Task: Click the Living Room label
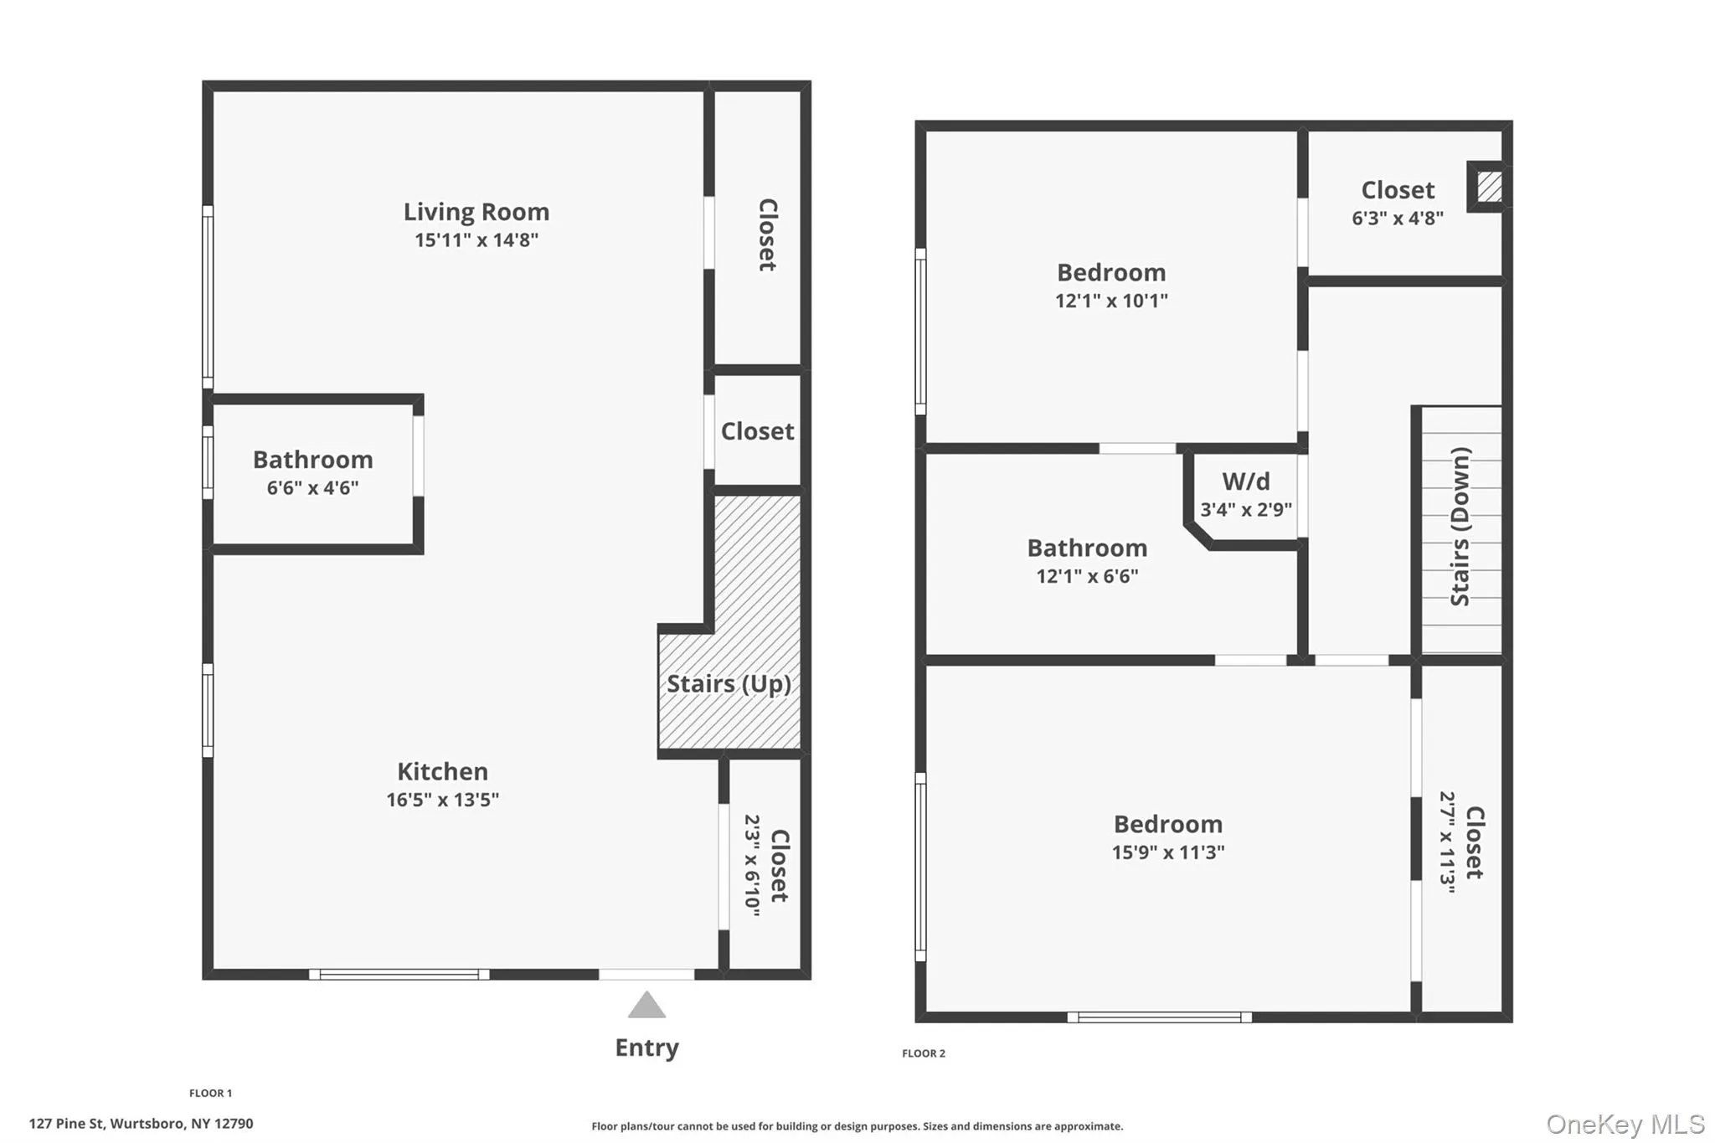[x=476, y=212]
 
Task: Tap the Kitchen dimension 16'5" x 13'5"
[x=442, y=800]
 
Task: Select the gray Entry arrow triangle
[x=646, y=1006]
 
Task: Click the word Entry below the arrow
[x=646, y=1048]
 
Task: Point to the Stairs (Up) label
[x=729, y=684]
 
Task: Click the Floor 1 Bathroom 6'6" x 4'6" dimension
[x=312, y=488]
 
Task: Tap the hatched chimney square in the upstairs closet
[x=1488, y=186]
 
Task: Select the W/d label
[x=1245, y=481]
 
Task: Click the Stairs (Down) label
[x=1460, y=527]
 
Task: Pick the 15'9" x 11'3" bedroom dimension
[x=1167, y=852]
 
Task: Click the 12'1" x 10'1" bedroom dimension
[x=1110, y=301]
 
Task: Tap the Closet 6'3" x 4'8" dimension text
[x=1397, y=219]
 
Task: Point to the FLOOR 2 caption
[x=923, y=1053]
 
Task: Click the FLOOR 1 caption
[x=210, y=1093]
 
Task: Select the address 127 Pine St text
[x=141, y=1124]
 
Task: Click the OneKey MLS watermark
[x=1625, y=1124]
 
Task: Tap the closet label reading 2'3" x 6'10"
[x=752, y=865]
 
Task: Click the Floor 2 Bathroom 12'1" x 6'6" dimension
[x=1086, y=576]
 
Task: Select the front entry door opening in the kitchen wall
[x=646, y=974]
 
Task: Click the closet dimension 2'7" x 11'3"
[x=1447, y=842]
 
